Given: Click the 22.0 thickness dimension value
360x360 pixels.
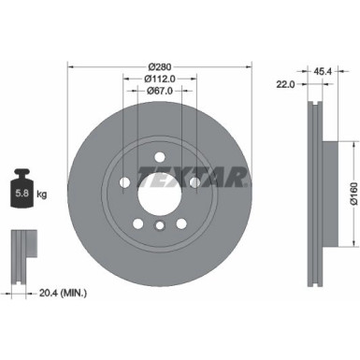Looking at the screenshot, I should (286, 84).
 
